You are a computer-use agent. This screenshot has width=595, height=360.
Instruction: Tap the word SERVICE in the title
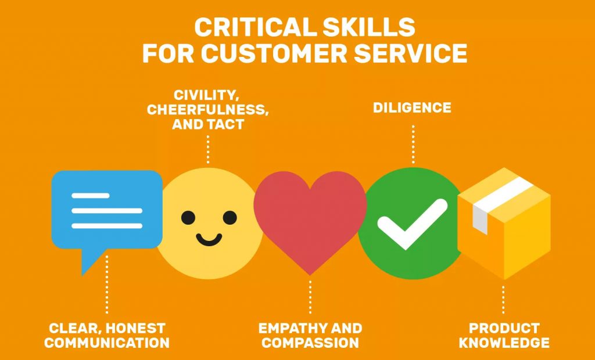(x=410, y=53)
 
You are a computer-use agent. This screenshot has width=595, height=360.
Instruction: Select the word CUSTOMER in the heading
(x=273, y=53)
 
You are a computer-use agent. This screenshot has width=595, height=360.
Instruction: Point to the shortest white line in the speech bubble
(x=90, y=196)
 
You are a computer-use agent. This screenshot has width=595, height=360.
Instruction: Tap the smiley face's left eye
(x=188, y=218)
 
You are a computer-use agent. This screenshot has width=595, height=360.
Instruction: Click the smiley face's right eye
(x=230, y=218)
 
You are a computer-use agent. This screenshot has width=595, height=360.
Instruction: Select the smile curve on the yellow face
(x=209, y=240)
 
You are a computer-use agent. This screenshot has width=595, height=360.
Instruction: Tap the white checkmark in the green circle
(x=412, y=224)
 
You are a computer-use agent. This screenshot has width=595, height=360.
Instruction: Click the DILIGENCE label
(x=412, y=108)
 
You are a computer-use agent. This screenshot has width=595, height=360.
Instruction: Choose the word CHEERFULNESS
(x=208, y=110)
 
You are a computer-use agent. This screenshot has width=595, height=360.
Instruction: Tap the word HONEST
(x=135, y=328)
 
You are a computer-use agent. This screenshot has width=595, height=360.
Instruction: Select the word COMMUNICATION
(x=107, y=343)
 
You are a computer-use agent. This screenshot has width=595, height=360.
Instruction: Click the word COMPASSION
(x=310, y=343)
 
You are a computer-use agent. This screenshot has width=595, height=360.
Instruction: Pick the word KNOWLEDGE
(x=504, y=343)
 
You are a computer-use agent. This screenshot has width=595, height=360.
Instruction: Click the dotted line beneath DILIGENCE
(x=413, y=144)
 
